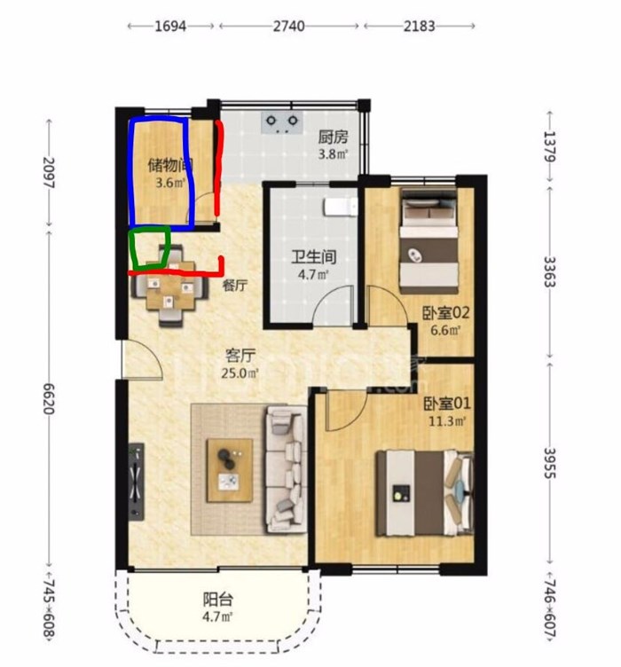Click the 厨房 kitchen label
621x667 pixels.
(333, 137)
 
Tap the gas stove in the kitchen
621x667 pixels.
(282, 122)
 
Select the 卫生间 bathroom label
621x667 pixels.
(314, 257)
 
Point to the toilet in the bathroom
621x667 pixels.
(341, 207)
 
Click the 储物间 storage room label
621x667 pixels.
(170, 165)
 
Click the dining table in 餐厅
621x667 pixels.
(170, 289)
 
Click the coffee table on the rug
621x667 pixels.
(230, 470)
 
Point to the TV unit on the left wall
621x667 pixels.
(137, 481)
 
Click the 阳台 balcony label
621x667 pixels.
(217, 600)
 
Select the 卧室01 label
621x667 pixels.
(446, 403)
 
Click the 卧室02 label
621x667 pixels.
(445, 313)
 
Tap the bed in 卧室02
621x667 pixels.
(429, 240)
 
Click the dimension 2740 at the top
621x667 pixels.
(289, 26)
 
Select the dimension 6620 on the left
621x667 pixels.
(49, 398)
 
